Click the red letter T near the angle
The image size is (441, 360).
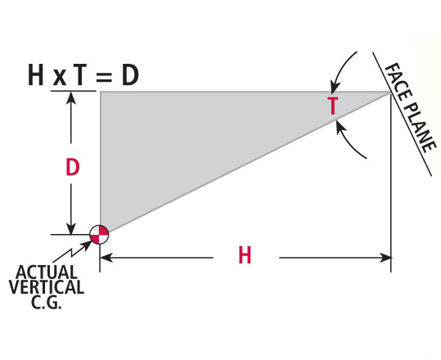point(333,106)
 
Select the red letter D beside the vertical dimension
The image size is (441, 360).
point(73,168)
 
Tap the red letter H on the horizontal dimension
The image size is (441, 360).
point(245,256)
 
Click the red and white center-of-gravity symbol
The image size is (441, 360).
point(99,234)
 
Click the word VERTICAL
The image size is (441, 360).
point(47,286)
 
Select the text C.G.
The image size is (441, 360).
point(47,301)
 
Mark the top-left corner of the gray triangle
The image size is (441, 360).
point(101,92)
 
